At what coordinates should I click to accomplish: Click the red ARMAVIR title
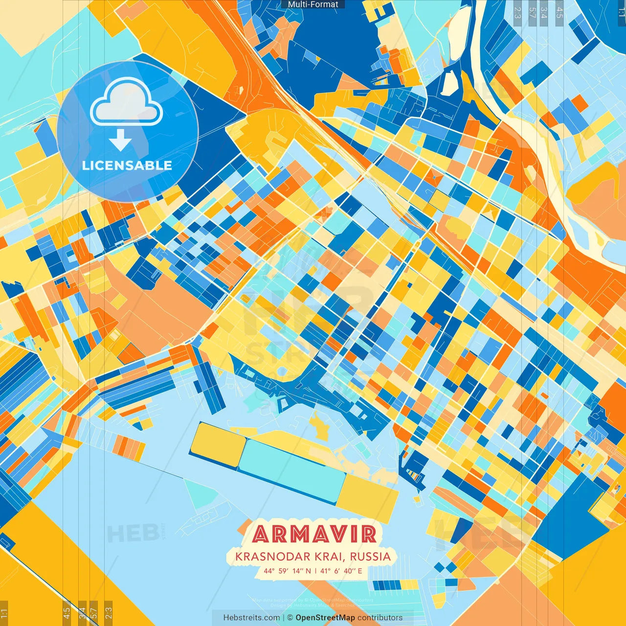pyautogui.click(x=314, y=534)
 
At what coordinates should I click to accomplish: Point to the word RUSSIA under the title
pyautogui.click(x=370, y=557)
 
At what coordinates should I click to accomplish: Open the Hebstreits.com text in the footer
pyautogui.click(x=251, y=618)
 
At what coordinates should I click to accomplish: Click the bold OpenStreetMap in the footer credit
pyautogui.click(x=325, y=618)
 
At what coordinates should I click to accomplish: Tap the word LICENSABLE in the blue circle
pyautogui.click(x=127, y=165)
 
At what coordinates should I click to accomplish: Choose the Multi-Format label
pyautogui.click(x=313, y=4)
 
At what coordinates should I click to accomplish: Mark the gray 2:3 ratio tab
pyautogui.click(x=517, y=12)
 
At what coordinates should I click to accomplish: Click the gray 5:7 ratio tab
pyautogui.click(x=532, y=12)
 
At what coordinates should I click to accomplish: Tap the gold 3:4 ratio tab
pyautogui.click(x=82, y=612)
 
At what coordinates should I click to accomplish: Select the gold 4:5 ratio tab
pyautogui.click(x=67, y=612)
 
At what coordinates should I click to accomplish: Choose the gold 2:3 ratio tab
pyautogui.click(x=109, y=612)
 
